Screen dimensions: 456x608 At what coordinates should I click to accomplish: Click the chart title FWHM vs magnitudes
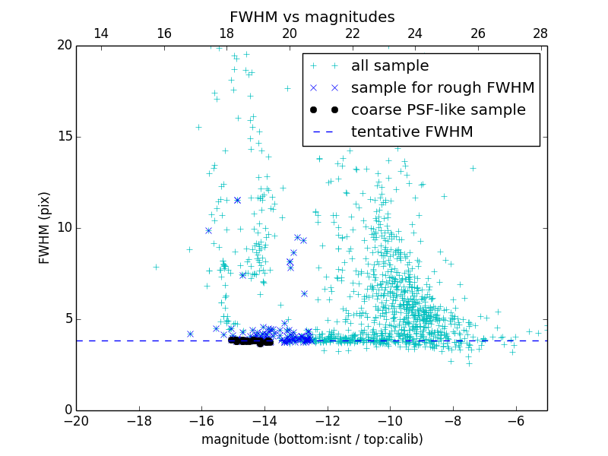(x=312, y=17)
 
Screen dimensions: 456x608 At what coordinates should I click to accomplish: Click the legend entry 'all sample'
(x=390, y=66)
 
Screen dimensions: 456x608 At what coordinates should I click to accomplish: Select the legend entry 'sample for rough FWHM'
(x=442, y=88)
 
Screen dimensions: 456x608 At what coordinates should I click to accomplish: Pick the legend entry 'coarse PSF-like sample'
(x=438, y=110)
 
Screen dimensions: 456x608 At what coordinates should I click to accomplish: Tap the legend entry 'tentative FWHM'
(x=412, y=132)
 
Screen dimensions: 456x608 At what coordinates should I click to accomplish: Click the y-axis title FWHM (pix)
(x=45, y=227)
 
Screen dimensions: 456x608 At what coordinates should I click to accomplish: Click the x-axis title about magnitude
(x=312, y=439)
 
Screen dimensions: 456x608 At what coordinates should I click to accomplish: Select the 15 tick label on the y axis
(x=64, y=137)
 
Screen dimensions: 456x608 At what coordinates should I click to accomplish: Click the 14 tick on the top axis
(x=101, y=33)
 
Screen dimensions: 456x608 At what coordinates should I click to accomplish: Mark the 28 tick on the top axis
(x=540, y=33)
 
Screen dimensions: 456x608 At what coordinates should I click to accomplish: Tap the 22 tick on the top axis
(x=352, y=33)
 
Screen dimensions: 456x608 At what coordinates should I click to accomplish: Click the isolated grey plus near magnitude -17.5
(x=156, y=267)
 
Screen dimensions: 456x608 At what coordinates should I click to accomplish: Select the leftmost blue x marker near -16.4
(x=190, y=334)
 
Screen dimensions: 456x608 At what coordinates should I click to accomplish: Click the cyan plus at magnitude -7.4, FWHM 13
(x=473, y=168)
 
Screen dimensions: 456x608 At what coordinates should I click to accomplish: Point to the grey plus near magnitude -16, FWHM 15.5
(x=198, y=127)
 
